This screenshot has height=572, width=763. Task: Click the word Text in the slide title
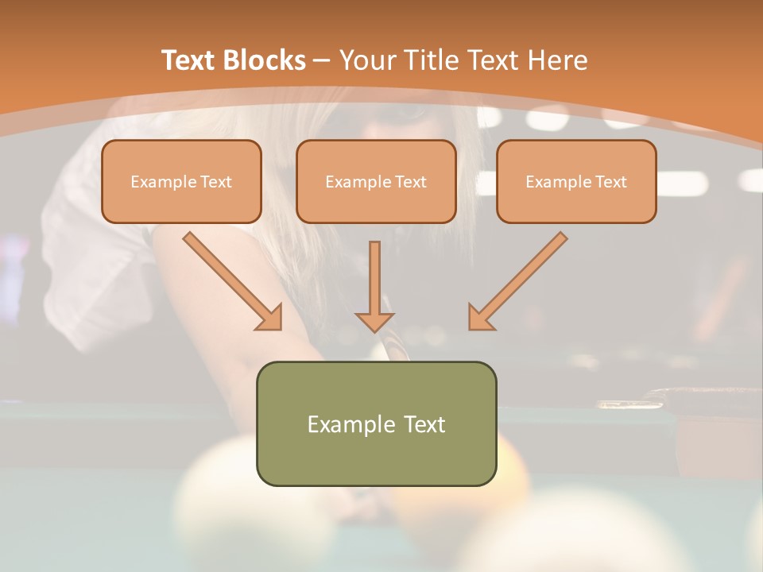189,60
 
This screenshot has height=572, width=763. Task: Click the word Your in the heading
366,60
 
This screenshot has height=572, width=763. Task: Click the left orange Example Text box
181,181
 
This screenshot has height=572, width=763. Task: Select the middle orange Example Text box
376,181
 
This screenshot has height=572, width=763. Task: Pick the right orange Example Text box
576,181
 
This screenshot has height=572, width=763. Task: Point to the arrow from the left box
230,279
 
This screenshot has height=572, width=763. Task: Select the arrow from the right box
520,279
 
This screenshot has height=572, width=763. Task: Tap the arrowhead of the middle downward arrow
374,321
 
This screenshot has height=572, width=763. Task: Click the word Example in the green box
351,424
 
